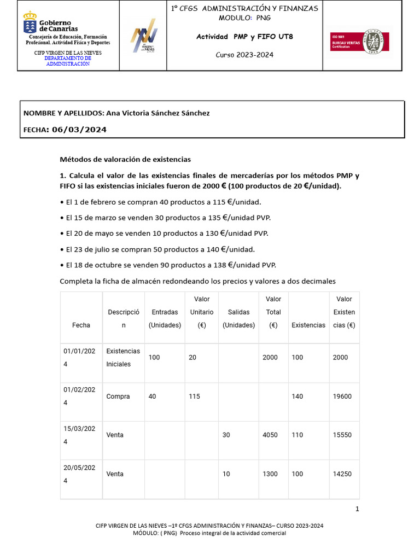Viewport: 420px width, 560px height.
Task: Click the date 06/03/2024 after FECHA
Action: tap(79, 130)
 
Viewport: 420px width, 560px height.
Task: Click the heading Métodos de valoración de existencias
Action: tap(125, 160)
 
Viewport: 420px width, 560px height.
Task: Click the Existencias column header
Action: tap(308, 325)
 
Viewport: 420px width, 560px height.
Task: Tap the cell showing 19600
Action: tap(342, 396)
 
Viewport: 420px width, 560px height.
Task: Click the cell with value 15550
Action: tap(342, 435)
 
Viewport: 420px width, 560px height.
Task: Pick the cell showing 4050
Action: tap(270, 435)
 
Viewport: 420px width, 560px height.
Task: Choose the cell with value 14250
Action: tap(342, 474)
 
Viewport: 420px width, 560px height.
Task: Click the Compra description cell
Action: tap(118, 396)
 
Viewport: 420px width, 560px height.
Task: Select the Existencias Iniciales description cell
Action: tap(123, 358)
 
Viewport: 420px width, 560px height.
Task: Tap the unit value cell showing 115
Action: tap(195, 396)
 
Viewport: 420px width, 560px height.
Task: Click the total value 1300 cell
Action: tap(270, 474)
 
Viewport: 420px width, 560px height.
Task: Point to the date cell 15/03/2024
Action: tap(81, 435)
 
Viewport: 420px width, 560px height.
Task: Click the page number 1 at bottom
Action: tap(357, 509)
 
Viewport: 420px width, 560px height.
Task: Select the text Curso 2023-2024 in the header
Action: tap(244, 55)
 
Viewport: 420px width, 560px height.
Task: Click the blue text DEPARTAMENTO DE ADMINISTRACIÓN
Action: tap(68, 61)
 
